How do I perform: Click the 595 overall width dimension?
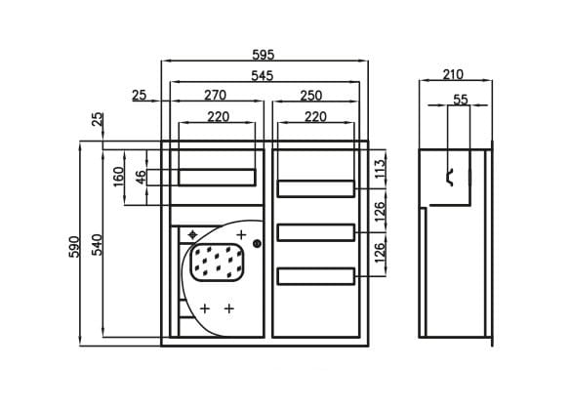click(x=263, y=55)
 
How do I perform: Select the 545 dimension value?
click(x=263, y=76)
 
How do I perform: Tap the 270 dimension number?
click(x=215, y=95)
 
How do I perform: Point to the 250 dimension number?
click(x=311, y=96)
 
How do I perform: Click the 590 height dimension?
click(x=74, y=247)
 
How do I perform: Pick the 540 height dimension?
click(x=97, y=244)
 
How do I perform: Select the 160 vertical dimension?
click(x=119, y=177)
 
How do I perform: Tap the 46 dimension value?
click(x=142, y=177)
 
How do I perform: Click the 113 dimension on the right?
click(x=379, y=168)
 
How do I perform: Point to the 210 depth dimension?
click(x=453, y=74)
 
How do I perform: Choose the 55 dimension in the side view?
click(x=461, y=100)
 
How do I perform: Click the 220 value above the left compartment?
click(x=218, y=116)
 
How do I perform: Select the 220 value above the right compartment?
click(x=315, y=116)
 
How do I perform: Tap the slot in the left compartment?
click(x=217, y=178)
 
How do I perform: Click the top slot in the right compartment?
click(x=315, y=188)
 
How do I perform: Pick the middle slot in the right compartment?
click(x=315, y=232)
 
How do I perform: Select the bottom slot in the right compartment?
click(x=315, y=276)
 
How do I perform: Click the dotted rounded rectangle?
click(x=218, y=263)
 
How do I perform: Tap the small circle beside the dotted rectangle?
click(x=257, y=244)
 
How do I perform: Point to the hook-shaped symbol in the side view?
click(x=450, y=177)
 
